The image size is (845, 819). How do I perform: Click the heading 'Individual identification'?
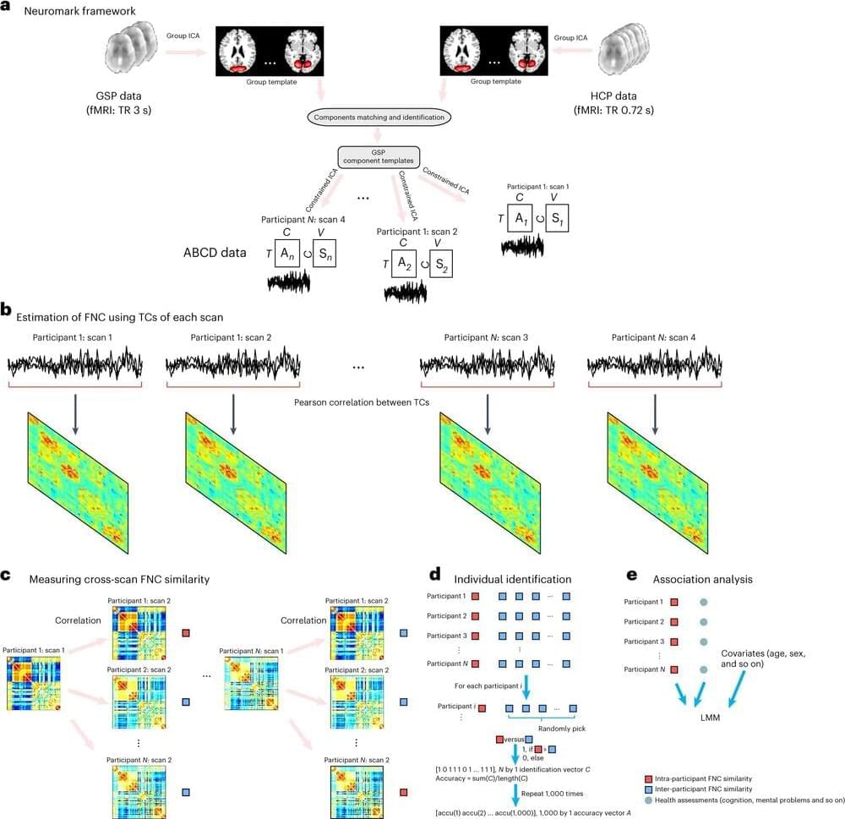pos(513,579)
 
